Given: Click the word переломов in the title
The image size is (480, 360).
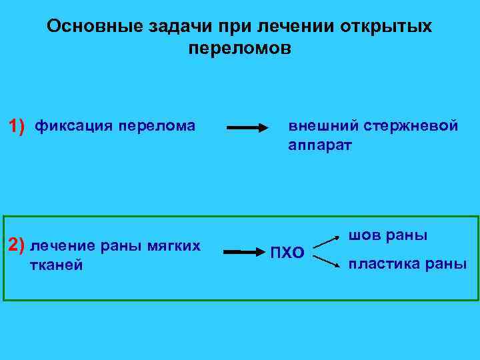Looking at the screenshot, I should [x=240, y=49].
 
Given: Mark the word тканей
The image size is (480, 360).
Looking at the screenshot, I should [x=57, y=265].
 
